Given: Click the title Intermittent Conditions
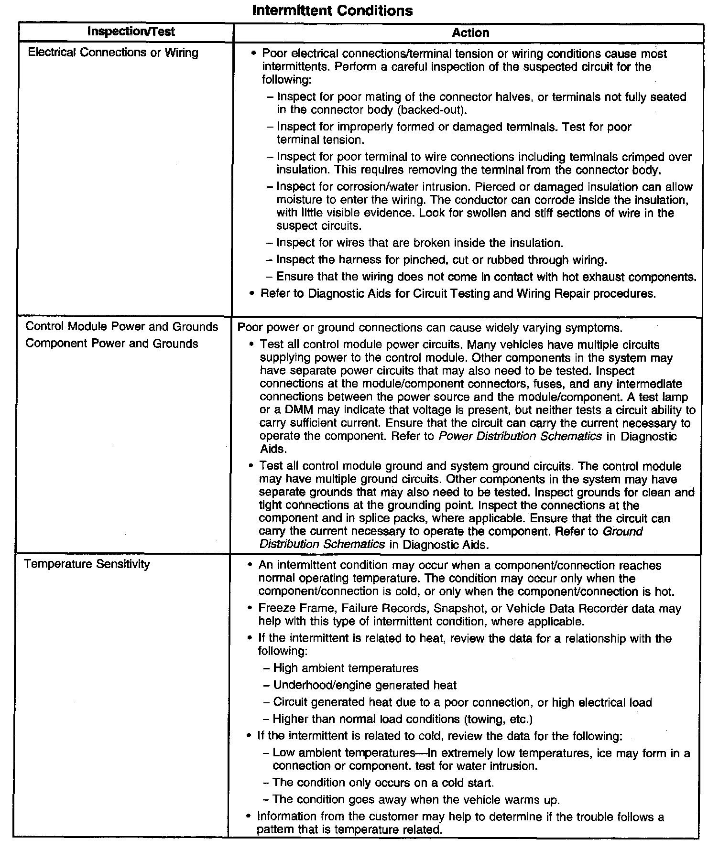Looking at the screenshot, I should point(332,11).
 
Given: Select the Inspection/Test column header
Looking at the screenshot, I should point(131,32).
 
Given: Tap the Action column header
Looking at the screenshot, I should point(470,32).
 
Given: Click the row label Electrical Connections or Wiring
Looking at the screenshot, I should point(113,53).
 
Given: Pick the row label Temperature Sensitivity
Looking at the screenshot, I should point(87,564).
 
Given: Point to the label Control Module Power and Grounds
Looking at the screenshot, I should point(121,327).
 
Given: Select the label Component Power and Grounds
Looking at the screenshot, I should point(111,344).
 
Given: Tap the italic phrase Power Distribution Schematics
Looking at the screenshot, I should point(520,436).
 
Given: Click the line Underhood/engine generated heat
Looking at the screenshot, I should point(365,685).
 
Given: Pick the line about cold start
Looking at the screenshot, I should point(383,783).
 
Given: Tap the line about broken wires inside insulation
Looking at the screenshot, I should point(420,243).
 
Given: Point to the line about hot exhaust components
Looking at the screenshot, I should point(486,277).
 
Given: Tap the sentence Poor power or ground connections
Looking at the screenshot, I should point(430,328).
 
